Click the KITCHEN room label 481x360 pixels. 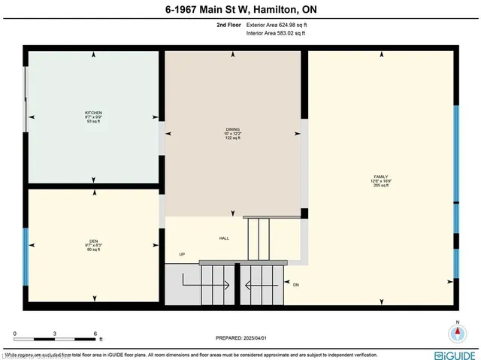(x=93, y=113)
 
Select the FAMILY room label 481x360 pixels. (x=382, y=177)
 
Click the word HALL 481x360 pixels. (x=224, y=238)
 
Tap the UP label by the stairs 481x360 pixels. (x=182, y=254)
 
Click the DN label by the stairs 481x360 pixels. (x=296, y=285)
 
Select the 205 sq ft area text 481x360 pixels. (x=382, y=186)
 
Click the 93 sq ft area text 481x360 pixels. (x=93, y=122)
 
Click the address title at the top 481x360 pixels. (x=240, y=10)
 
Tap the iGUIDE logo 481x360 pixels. (x=454, y=353)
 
